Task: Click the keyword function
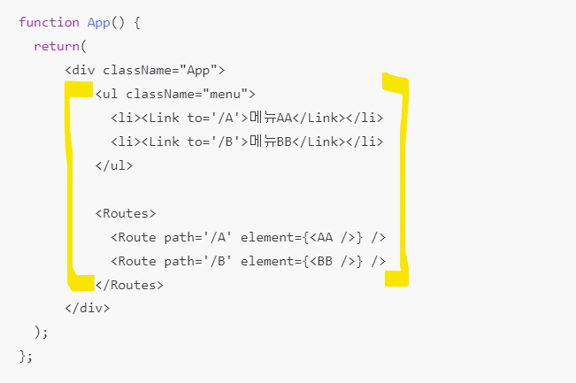click(x=49, y=22)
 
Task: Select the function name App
click(x=98, y=22)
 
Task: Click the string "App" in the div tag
click(x=201, y=70)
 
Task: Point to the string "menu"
click(x=227, y=94)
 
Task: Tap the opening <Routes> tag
click(x=126, y=213)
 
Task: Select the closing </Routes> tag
click(x=129, y=285)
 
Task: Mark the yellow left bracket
click(x=71, y=186)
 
